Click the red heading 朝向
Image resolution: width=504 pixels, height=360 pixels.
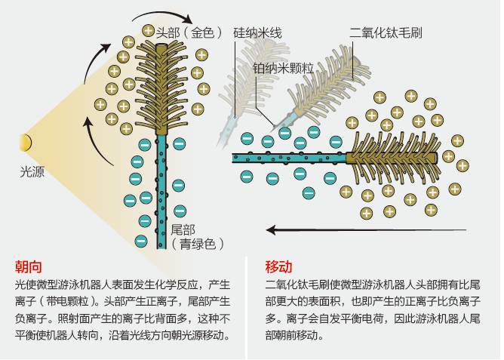[29, 266]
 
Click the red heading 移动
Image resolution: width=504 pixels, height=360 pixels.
[279, 266]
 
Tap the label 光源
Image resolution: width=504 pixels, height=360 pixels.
[32, 172]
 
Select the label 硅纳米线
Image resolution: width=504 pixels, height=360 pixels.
[257, 32]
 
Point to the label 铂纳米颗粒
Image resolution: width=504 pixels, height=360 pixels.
[283, 68]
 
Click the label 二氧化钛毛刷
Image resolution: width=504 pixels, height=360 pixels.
[386, 32]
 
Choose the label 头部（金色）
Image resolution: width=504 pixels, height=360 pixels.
[189, 32]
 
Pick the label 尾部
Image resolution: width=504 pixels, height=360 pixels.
[183, 230]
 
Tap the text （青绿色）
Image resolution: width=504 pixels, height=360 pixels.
[197, 244]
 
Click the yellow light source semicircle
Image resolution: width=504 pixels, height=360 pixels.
[27, 143]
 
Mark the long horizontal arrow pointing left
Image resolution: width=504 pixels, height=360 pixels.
[366, 230]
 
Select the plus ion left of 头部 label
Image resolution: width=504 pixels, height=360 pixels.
[148, 31]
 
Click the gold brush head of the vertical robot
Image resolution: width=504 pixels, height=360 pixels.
[161, 88]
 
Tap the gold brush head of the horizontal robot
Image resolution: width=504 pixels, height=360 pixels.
[395, 158]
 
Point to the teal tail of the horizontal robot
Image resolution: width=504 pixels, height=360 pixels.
[289, 158]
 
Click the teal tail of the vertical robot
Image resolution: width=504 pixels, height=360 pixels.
[161, 191]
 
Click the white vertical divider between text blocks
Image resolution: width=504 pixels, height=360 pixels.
[247, 307]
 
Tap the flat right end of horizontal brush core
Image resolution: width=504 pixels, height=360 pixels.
[437, 158]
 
